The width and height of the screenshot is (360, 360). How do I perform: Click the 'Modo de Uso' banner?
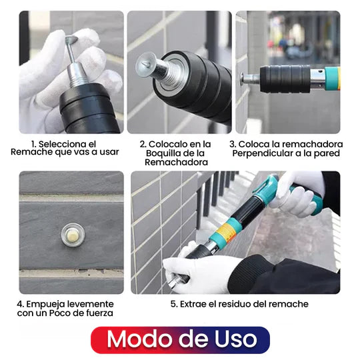point(180,339)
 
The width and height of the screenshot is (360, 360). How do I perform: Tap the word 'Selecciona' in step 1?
point(62,143)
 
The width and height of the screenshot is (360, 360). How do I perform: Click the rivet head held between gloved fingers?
point(71,41)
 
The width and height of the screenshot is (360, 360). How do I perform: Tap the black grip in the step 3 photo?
point(285,79)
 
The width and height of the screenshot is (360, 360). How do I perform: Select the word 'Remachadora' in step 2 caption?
point(175,162)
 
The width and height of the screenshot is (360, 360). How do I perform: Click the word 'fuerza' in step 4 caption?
point(100,313)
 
